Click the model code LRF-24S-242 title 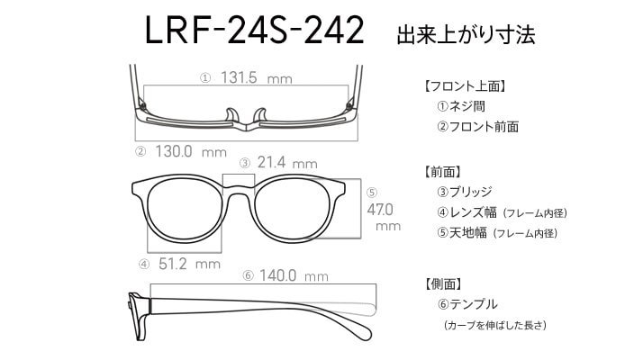tap(254, 30)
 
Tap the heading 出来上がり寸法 tap(466, 34)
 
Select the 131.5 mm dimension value tap(257, 77)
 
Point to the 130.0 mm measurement tap(191, 152)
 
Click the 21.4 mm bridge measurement tap(287, 163)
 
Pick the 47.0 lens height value tap(380, 210)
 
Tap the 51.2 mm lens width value tap(189, 264)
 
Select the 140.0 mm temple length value tap(294, 275)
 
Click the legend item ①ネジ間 tap(461, 106)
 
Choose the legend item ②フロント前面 tap(477, 127)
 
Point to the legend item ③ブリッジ tap(464, 192)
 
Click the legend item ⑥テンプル tap(467, 304)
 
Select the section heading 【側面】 tap(443, 284)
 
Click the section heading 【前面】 tap(443, 172)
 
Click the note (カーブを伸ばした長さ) tap(495, 325)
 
